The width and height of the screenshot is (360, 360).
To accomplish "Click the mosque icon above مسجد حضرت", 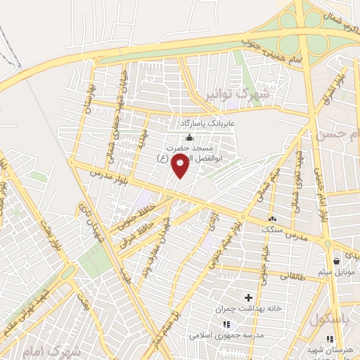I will point(188,137).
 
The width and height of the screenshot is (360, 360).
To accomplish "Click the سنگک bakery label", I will point(271,230).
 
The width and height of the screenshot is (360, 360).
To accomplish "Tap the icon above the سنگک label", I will point(271,219).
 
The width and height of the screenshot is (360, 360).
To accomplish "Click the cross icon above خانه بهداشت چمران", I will point(247,297).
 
